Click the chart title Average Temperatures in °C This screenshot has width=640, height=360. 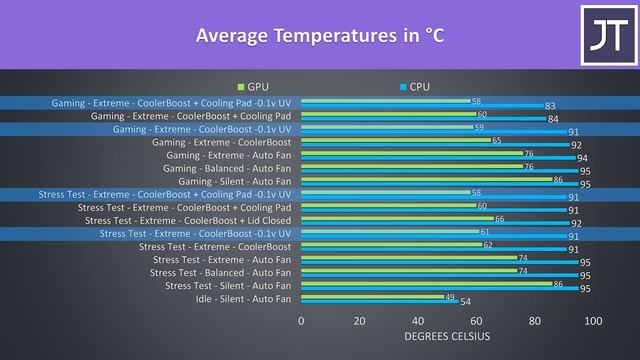[x=320, y=37]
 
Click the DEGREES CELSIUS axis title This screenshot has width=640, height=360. [x=447, y=336]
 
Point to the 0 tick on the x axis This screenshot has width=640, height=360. [x=301, y=321]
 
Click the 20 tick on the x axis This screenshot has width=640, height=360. [x=359, y=321]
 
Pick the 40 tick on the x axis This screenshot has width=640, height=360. [x=418, y=321]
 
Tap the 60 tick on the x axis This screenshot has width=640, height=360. [x=476, y=321]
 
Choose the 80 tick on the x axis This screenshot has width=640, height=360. [x=535, y=321]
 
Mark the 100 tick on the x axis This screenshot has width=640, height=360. [x=593, y=321]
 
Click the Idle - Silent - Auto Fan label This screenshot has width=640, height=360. [x=243, y=298]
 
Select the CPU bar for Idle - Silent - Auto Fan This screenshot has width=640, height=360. [x=380, y=301]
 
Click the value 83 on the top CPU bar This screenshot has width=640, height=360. [x=550, y=106]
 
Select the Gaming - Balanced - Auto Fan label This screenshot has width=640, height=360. [x=228, y=168]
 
